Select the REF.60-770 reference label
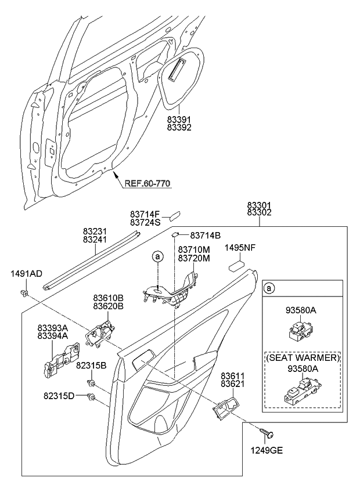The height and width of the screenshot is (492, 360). click(x=147, y=183)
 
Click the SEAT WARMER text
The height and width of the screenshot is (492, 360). click(x=302, y=359)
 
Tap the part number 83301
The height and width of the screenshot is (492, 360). click(x=259, y=206)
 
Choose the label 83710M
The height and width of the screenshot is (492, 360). click(x=195, y=250)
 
